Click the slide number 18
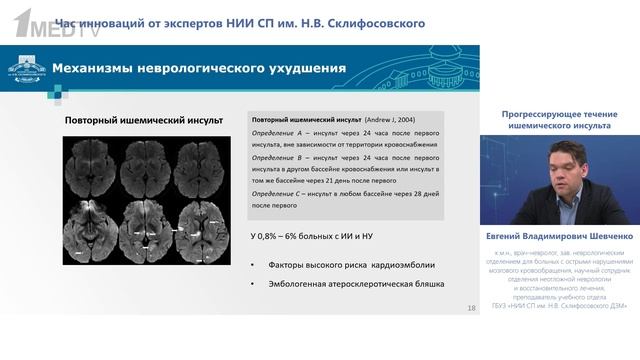point(471,307)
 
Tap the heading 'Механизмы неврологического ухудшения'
point(199,69)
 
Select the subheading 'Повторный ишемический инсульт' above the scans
point(144,121)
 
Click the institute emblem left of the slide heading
point(26,70)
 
